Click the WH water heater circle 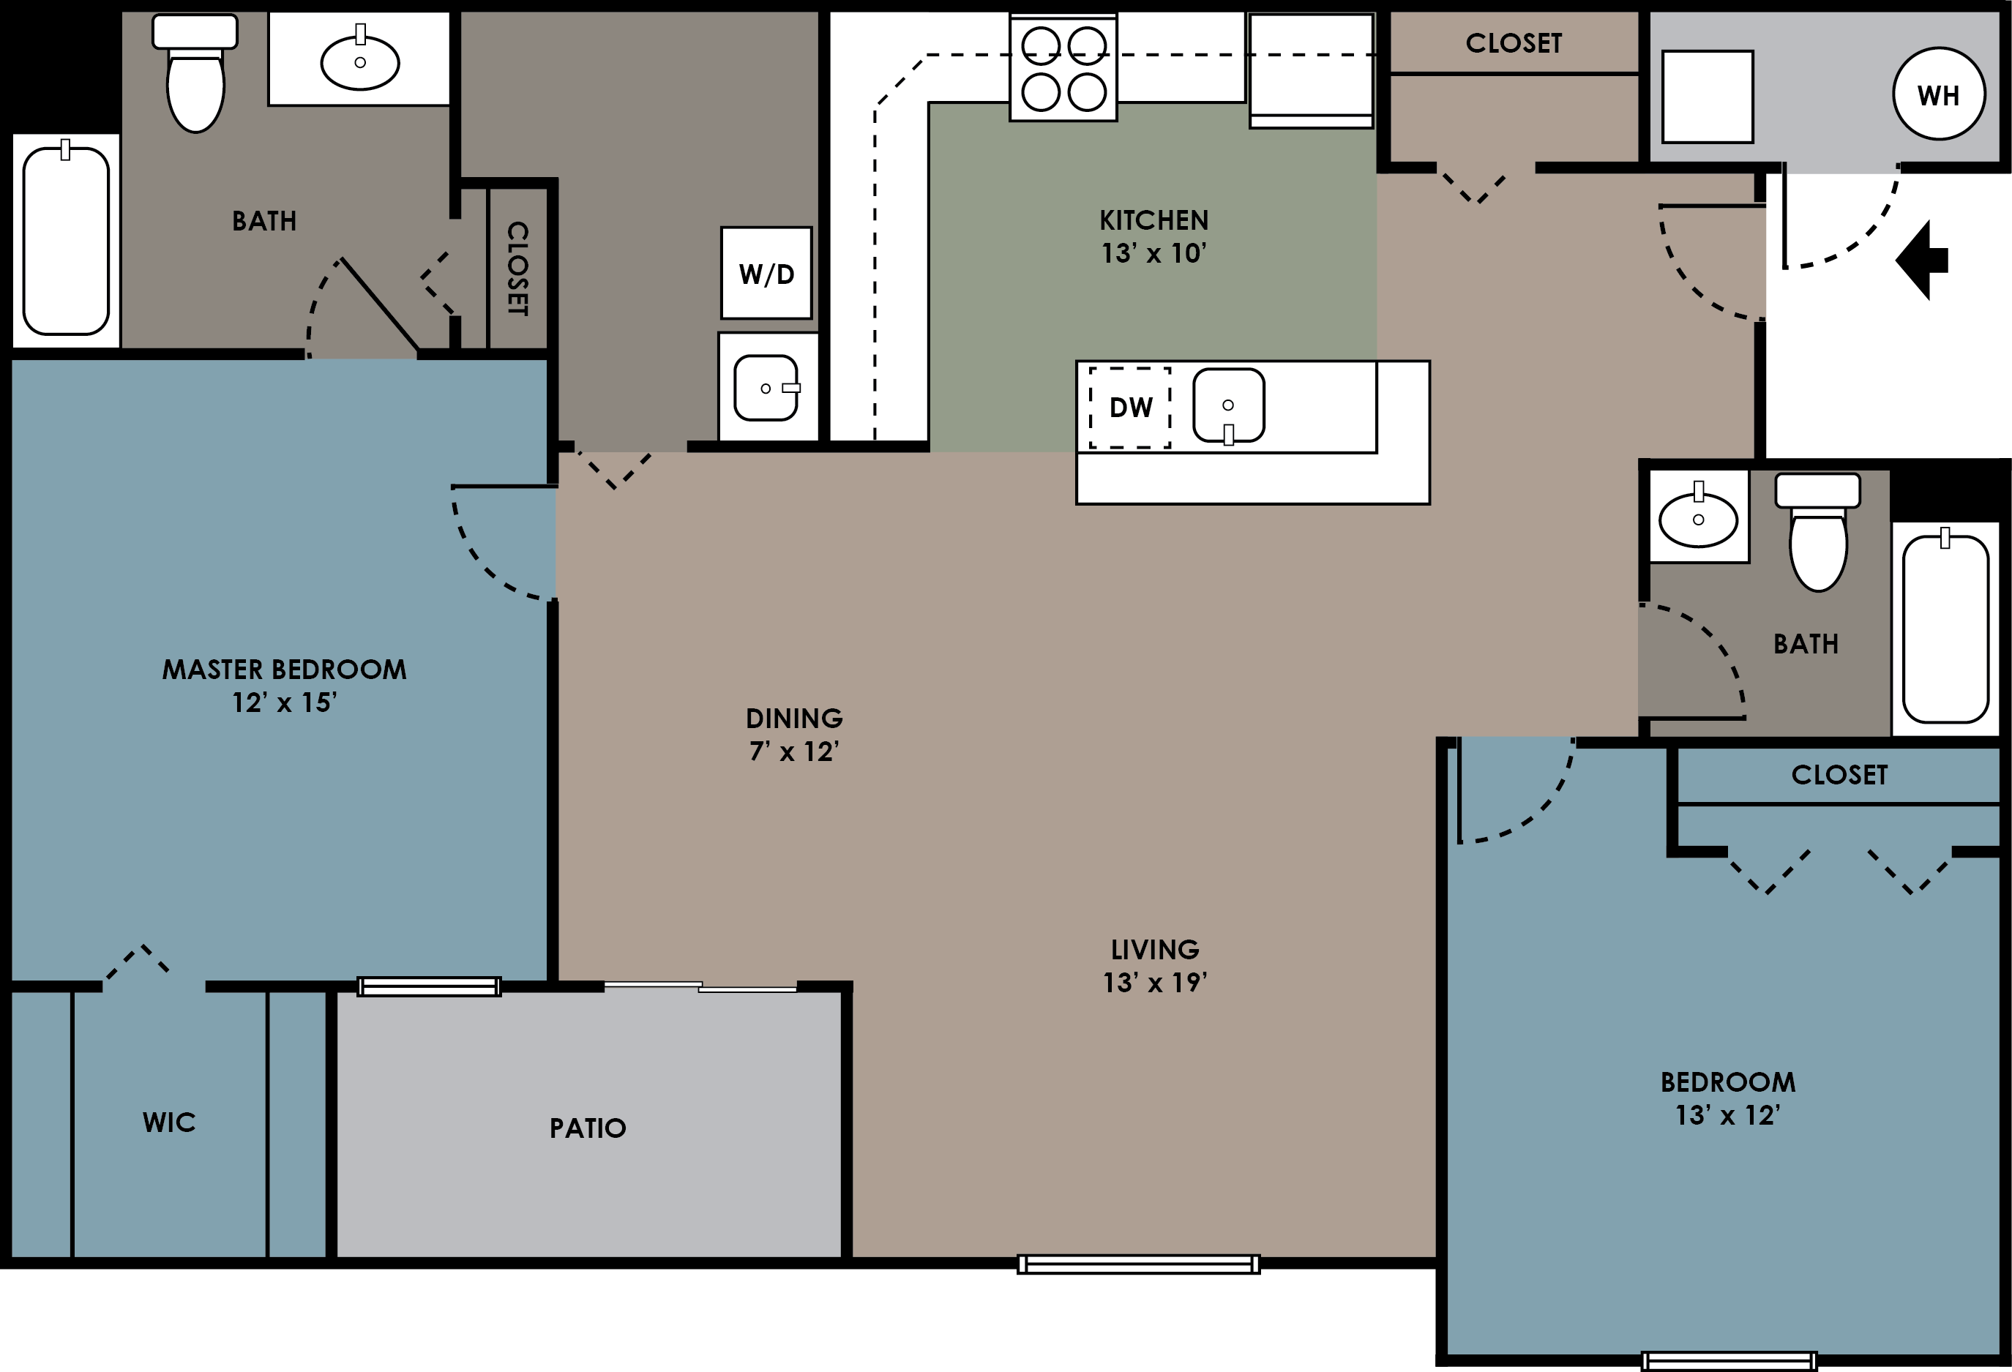pyautogui.click(x=1938, y=94)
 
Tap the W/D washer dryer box pyautogui.click(x=766, y=274)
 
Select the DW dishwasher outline pyautogui.click(x=1130, y=407)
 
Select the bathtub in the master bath pyautogui.click(x=66, y=241)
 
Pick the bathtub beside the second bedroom pyautogui.click(x=1945, y=629)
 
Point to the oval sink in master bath pyautogui.click(x=360, y=61)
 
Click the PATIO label pyautogui.click(x=588, y=1128)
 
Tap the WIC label pyautogui.click(x=169, y=1122)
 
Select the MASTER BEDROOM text pyautogui.click(x=284, y=669)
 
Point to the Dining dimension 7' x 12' pyautogui.click(x=794, y=751)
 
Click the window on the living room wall pyautogui.click(x=1138, y=1264)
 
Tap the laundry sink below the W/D pyautogui.click(x=766, y=388)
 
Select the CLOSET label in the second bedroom pyautogui.click(x=1839, y=775)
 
